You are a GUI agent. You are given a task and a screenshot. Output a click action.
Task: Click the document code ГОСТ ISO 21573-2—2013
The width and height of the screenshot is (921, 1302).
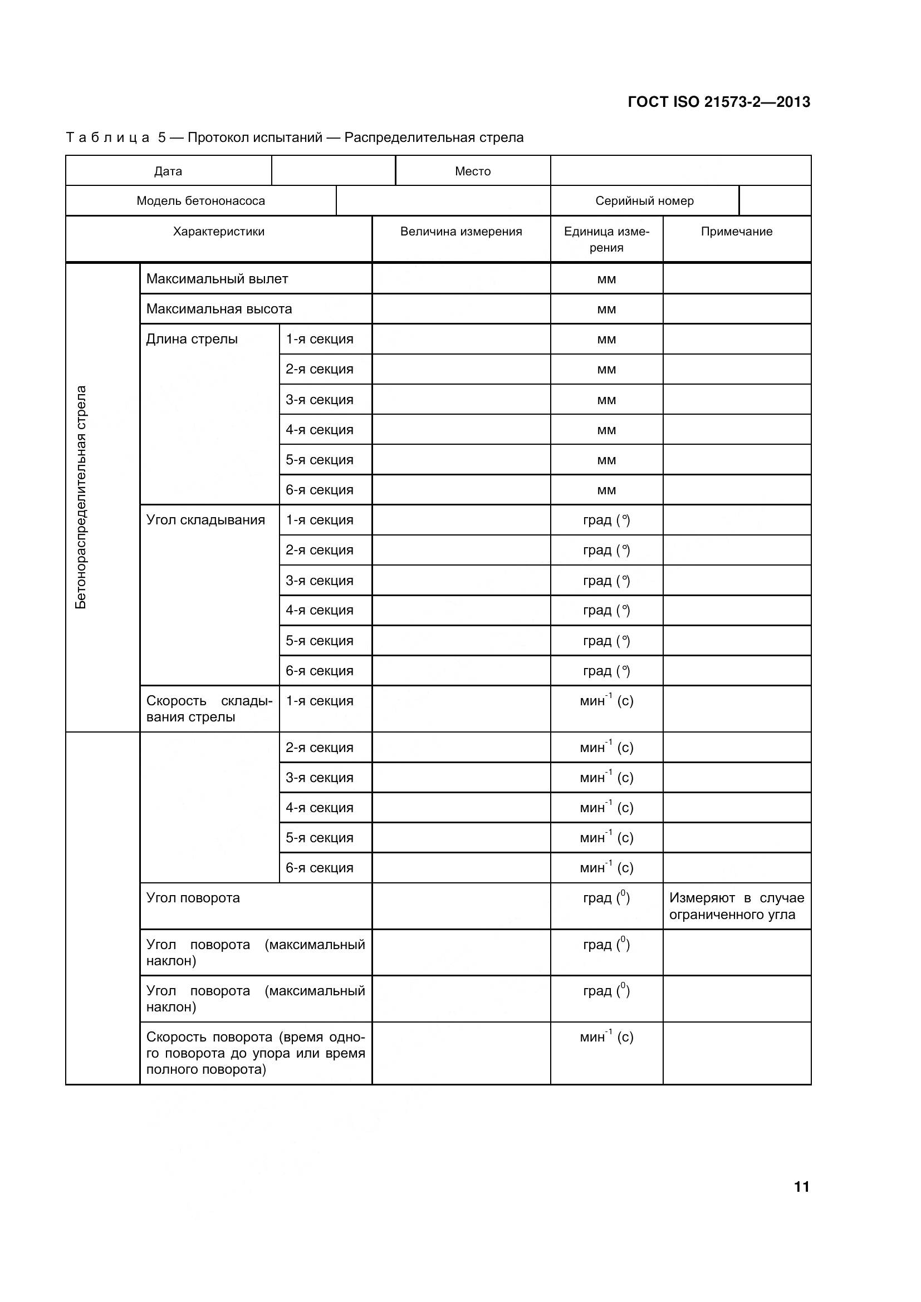click(718, 102)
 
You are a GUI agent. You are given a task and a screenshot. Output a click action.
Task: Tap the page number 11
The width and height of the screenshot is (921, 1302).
click(801, 1186)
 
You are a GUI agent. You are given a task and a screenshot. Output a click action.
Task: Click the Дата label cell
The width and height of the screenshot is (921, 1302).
click(168, 171)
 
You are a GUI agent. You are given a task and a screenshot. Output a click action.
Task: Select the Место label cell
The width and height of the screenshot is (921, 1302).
click(472, 171)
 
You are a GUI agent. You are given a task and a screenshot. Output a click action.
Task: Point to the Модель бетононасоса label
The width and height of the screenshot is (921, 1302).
click(201, 201)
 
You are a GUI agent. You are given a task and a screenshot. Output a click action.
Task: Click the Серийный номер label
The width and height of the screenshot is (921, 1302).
click(644, 201)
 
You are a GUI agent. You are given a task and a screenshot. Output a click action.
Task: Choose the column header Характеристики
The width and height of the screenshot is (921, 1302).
click(218, 232)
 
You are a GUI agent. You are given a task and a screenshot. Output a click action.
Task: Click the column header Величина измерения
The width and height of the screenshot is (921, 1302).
click(461, 232)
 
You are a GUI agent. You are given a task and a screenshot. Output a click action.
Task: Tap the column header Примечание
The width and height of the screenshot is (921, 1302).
click(736, 232)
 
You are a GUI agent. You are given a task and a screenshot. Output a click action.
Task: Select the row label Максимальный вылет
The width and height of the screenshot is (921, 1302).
click(217, 279)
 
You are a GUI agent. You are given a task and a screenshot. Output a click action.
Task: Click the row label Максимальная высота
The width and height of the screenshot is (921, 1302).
click(219, 309)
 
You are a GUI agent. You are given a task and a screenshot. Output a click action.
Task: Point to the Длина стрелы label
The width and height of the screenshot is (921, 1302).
click(192, 339)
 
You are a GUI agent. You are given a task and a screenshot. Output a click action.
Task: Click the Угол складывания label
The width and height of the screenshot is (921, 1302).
click(205, 520)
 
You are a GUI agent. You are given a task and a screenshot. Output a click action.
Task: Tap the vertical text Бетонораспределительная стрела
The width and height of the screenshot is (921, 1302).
click(81, 497)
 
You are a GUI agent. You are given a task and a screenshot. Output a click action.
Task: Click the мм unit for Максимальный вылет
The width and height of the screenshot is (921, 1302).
click(606, 279)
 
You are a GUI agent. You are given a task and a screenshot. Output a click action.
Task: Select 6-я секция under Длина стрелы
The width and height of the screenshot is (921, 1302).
click(319, 490)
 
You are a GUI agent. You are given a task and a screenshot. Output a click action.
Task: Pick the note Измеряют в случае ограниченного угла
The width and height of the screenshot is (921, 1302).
click(736, 906)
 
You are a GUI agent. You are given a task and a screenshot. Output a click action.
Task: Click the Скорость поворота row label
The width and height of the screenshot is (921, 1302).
click(255, 1053)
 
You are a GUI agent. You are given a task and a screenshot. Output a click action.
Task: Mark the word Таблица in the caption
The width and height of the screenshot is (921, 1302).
click(108, 138)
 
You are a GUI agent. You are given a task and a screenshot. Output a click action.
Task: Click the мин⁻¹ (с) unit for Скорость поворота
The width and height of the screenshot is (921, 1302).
click(606, 1037)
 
